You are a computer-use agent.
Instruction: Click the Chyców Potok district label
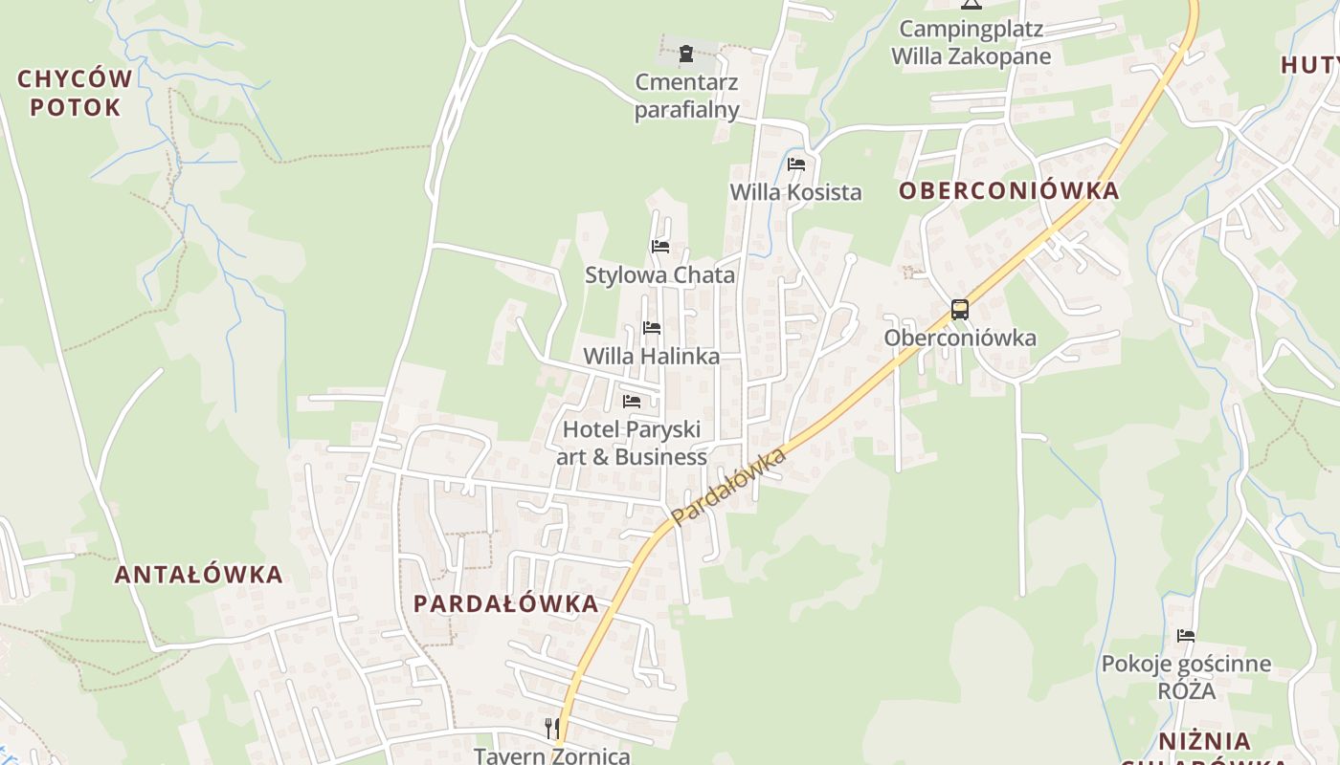pyautogui.click(x=75, y=93)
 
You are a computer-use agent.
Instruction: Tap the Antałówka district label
pyautogui.click(x=199, y=575)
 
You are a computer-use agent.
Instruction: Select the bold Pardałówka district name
pyautogui.click(x=506, y=603)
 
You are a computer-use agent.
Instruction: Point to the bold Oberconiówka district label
pyautogui.click(x=1009, y=190)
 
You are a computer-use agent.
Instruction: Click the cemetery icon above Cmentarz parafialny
pyautogui.click(x=686, y=55)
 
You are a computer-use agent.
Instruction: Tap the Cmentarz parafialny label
pyautogui.click(x=687, y=96)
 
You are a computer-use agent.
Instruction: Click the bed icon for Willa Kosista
pyautogui.click(x=795, y=164)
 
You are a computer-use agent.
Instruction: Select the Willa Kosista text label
pyautogui.click(x=795, y=192)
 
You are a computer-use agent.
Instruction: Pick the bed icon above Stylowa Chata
pyautogui.click(x=660, y=247)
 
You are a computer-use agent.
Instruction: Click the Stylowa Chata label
pyautogui.click(x=660, y=275)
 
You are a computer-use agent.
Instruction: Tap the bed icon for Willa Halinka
pyautogui.click(x=652, y=328)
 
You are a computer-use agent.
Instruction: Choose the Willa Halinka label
pyautogui.click(x=652, y=357)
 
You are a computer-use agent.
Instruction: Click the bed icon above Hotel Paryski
pyautogui.click(x=632, y=402)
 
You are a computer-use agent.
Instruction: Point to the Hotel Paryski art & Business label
pyautogui.click(x=632, y=443)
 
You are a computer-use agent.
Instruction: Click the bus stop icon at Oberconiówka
pyautogui.click(x=960, y=310)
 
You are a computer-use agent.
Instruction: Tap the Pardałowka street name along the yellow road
pyautogui.click(x=729, y=486)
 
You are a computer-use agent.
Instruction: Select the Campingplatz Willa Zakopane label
pyautogui.click(x=971, y=42)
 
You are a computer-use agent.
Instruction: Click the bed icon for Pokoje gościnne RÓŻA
pyautogui.click(x=1186, y=636)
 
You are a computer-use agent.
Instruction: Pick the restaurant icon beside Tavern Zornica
pyautogui.click(x=551, y=729)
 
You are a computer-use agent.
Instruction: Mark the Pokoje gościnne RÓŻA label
pyautogui.click(x=1186, y=676)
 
